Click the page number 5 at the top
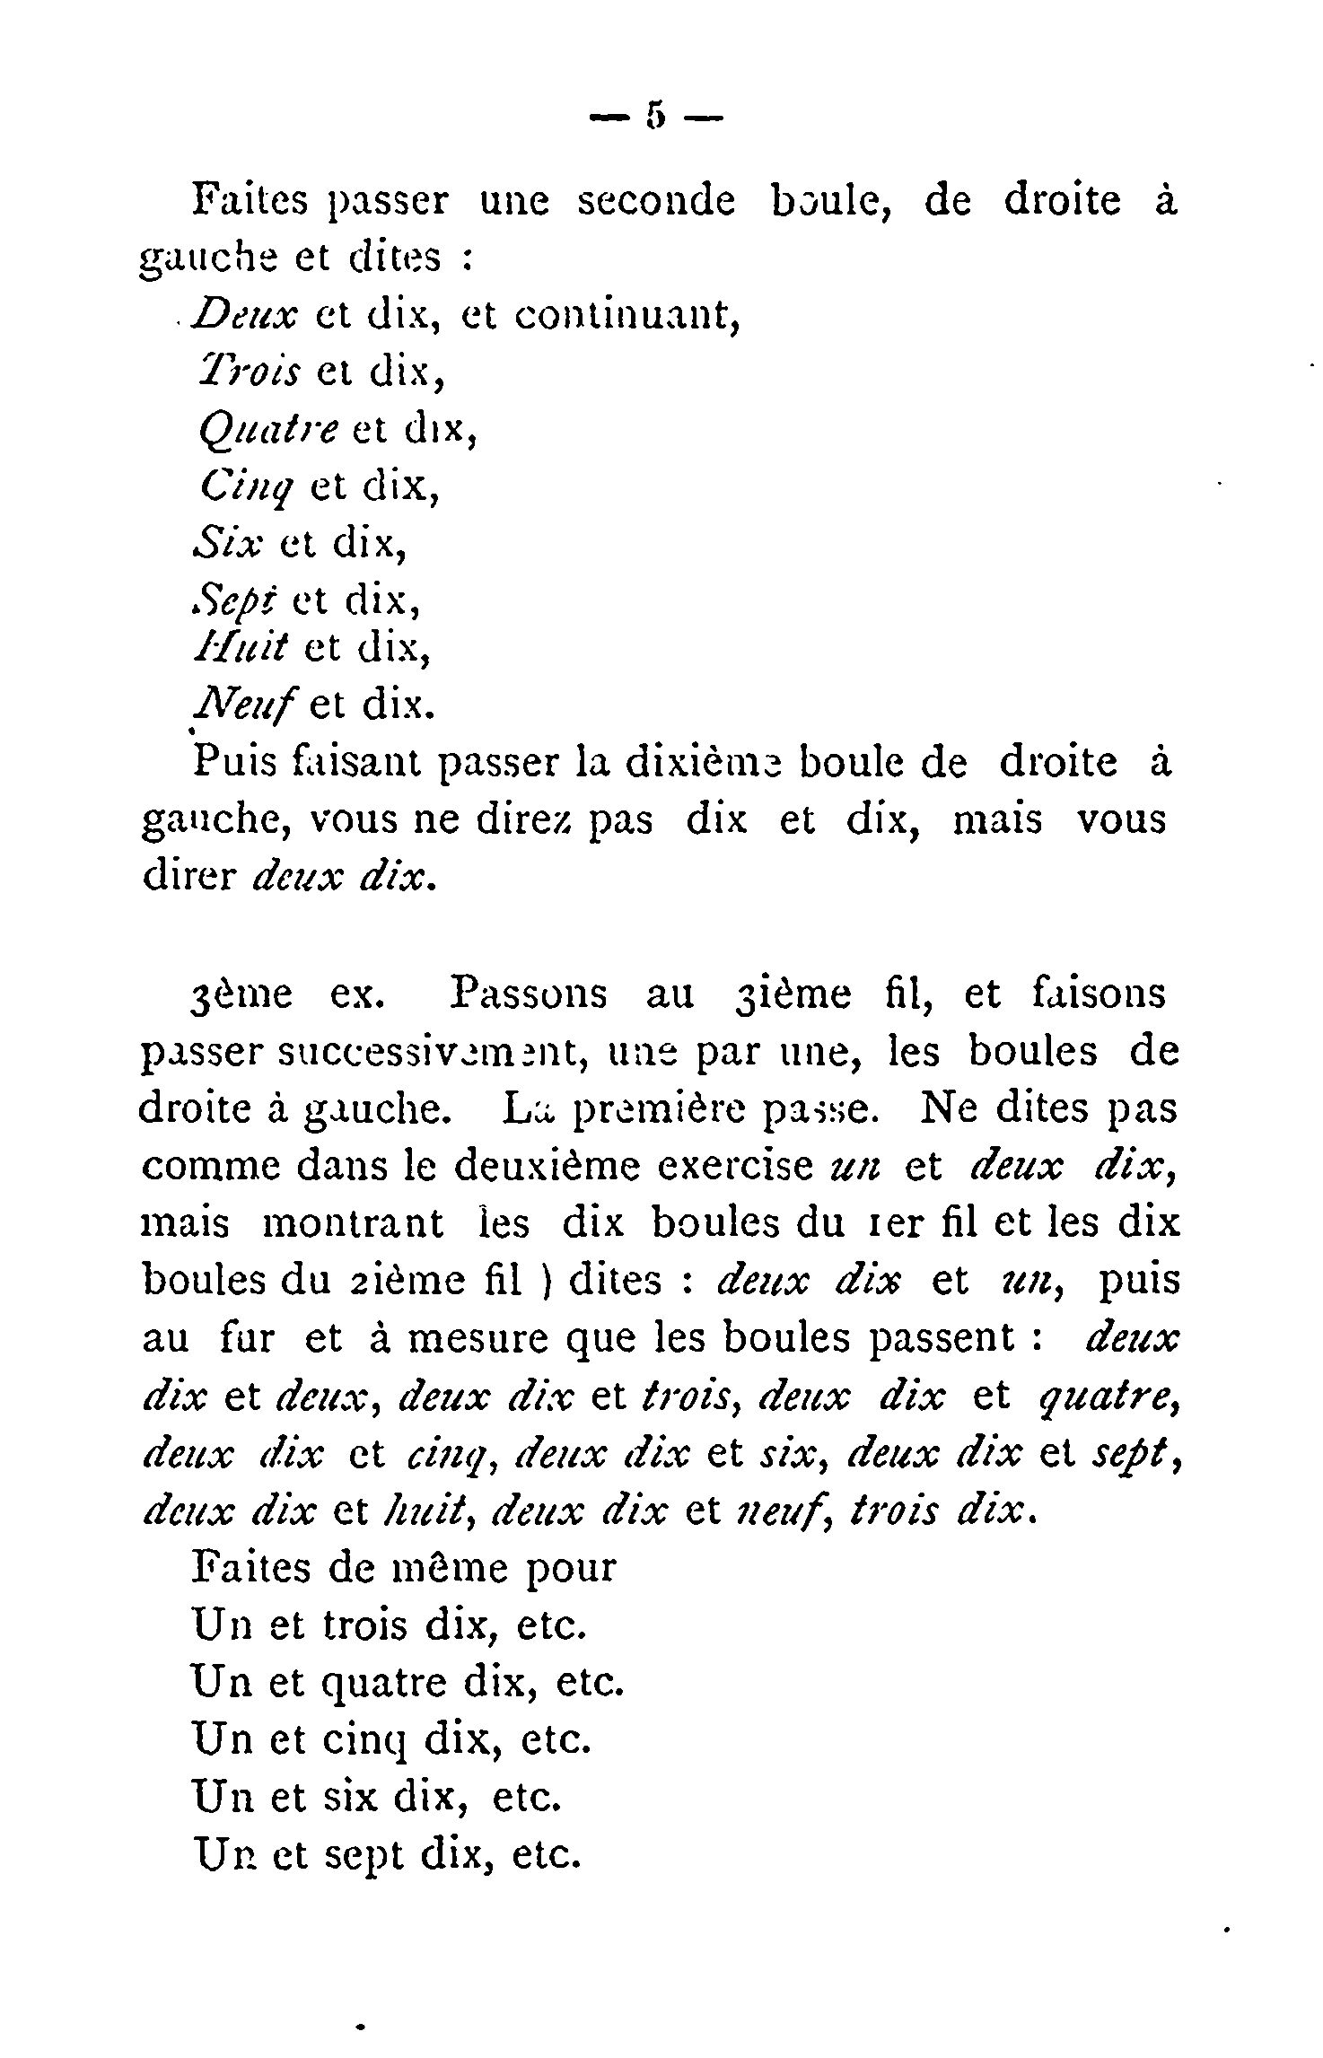(656, 117)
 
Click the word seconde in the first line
(655, 201)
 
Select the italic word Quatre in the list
(267, 430)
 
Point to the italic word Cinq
(245, 487)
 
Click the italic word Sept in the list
(233, 599)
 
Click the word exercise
(733, 1166)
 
